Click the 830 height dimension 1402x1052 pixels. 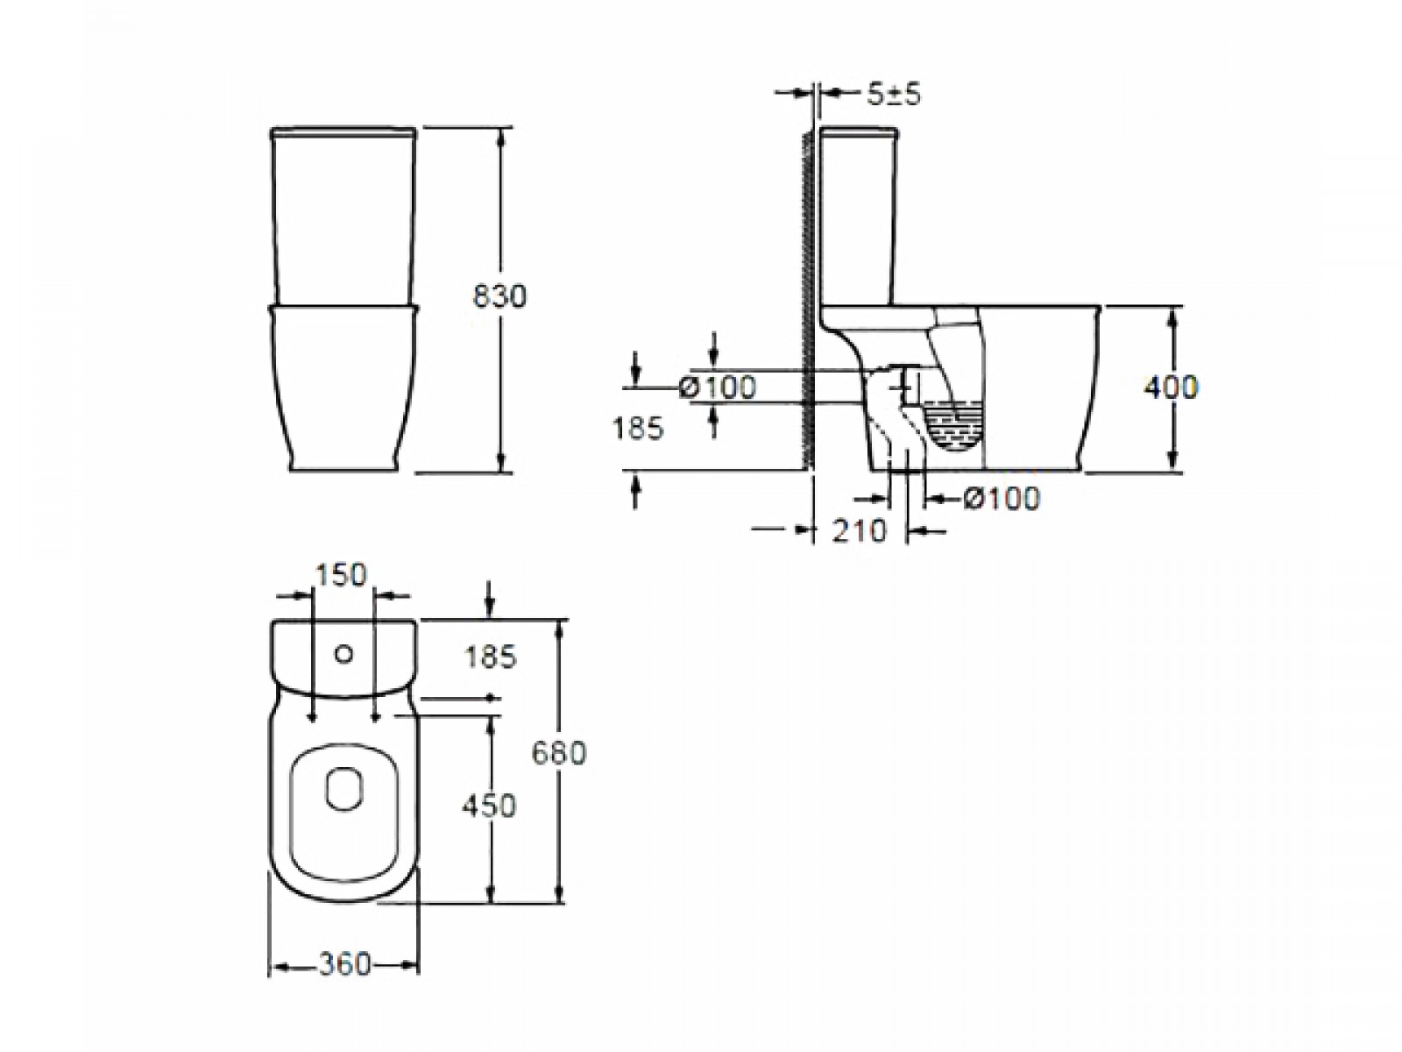coord(499,296)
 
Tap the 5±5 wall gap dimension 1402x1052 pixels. coord(894,95)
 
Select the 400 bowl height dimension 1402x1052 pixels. coord(1170,387)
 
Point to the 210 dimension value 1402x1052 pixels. coord(860,530)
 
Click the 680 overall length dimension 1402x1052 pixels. coord(559,754)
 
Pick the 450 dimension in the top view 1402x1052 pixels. coord(489,806)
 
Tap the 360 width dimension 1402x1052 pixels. coord(344,964)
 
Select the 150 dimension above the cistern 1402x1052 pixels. coord(341,575)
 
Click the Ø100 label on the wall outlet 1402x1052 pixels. coord(718,387)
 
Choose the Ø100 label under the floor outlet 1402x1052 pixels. coord(1002,498)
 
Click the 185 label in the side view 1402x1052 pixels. coord(638,428)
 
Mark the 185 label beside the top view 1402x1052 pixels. coord(491,657)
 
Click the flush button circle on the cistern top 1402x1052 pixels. coord(344,655)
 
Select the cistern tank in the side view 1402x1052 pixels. coord(858,217)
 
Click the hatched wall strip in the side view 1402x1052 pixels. coord(807,300)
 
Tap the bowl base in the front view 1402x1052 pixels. coord(343,389)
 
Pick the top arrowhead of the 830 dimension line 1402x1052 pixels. coord(501,135)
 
